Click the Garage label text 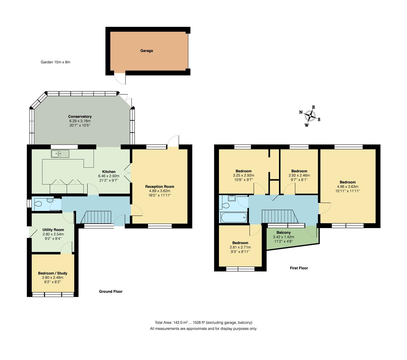point(146,51)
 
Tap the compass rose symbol point(310,116)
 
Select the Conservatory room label point(80,117)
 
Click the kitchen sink point(60,154)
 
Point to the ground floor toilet point(39,204)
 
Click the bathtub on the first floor point(233,218)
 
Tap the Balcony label point(283,233)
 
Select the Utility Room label point(53,230)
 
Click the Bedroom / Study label point(52,273)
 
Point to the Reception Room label point(159,187)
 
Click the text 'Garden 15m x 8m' point(55,62)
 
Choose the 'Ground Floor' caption point(111,291)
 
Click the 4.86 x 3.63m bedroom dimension point(347,187)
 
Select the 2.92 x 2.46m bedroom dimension point(299,175)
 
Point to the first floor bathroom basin point(231,198)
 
